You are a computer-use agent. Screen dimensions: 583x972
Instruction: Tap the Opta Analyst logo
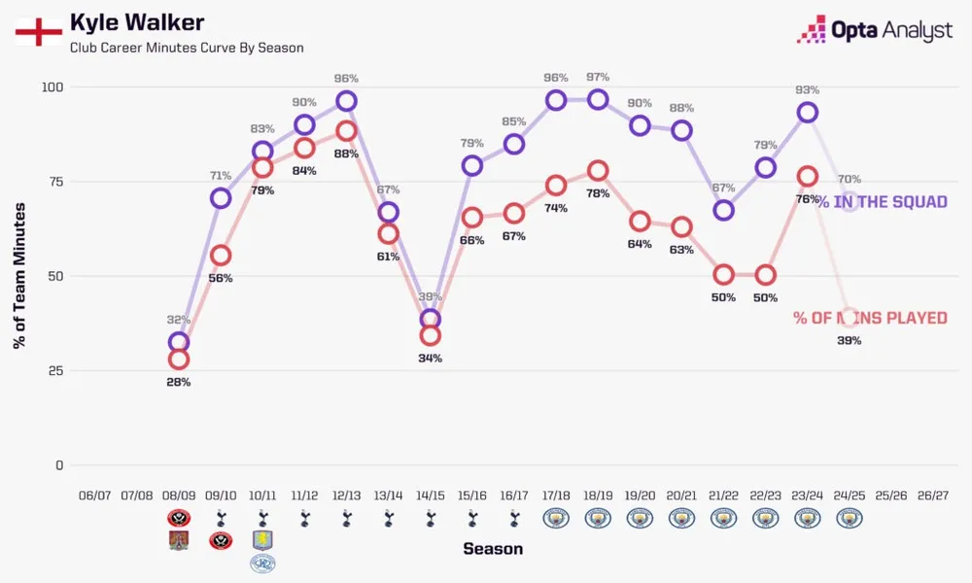click(x=874, y=30)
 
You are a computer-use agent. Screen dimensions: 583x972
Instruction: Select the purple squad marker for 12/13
click(x=346, y=101)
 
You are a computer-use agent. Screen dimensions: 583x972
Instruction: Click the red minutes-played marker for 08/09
click(x=178, y=360)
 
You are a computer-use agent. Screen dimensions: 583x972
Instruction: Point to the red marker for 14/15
click(x=430, y=335)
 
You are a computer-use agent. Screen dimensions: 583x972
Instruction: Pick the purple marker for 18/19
click(x=598, y=99)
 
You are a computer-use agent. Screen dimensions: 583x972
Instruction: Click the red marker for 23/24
click(x=807, y=176)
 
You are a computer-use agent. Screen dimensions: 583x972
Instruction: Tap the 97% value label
click(x=598, y=77)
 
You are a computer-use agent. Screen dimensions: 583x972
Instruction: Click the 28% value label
click(x=178, y=382)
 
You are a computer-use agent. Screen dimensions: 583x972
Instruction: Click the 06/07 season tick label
click(x=94, y=495)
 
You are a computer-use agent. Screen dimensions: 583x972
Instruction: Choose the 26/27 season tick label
click(x=932, y=495)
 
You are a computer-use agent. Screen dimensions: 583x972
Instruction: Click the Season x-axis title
click(x=493, y=549)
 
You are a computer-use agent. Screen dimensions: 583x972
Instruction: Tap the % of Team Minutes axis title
click(x=20, y=275)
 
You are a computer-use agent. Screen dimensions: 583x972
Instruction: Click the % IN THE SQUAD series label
click(x=881, y=202)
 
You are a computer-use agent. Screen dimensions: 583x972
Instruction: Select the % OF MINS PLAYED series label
click(x=870, y=318)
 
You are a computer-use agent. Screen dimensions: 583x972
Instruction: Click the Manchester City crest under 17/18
click(x=556, y=519)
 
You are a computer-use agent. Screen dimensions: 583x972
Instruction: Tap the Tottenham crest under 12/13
click(x=346, y=519)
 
